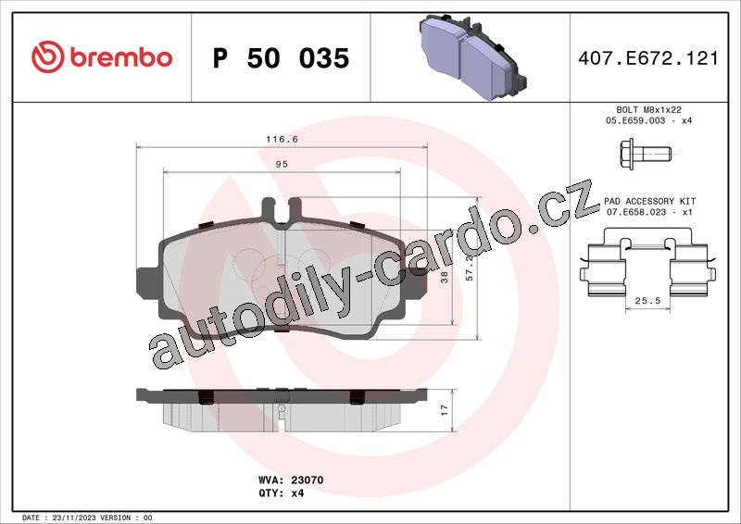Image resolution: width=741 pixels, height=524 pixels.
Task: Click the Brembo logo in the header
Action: tap(102, 57)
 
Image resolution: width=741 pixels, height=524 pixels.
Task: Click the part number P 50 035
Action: tap(281, 58)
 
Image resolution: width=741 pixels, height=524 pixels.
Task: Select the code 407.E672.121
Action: tap(647, 58)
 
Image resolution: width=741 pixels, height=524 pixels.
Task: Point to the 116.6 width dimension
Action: tap(282, 139)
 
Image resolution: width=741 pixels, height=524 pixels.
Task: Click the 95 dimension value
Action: tap(282, 164)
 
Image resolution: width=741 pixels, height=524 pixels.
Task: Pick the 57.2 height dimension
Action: tap(470, 268)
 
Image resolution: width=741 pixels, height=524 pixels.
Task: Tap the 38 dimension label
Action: tap(445, 278)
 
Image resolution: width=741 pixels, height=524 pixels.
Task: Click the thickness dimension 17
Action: tap(445, 410)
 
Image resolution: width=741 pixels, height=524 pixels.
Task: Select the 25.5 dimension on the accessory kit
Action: tap(647, 301)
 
